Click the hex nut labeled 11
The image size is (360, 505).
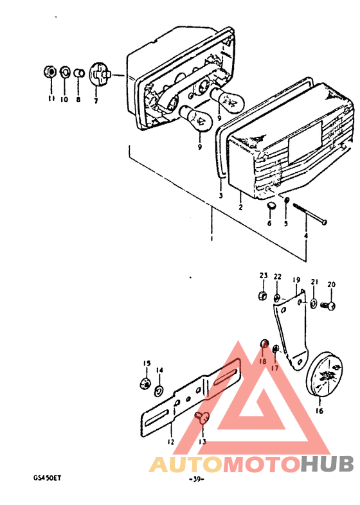pyautogui.click(x=50, y=72)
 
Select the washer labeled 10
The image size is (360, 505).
pyautogui.click(x=65, y=72)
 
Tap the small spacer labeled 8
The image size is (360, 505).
pyautogui.click(x=79, y=73)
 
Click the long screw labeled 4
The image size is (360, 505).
pyautogui.click(x=309, y=213)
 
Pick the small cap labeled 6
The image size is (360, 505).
pyautogui.click(x=271, y=206)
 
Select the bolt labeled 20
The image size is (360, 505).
pyautogui.click(x=328, y=305)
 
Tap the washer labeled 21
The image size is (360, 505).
pyautogui.click(x=313, y=303)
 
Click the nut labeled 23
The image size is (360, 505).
pyautogui.click(x=263, y=296)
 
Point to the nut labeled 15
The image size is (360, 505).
pyautogui.click(x=145, y=384)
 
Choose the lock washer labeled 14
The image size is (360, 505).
pyautogui.click(x=159, y=391)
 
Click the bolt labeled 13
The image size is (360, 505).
pyautogui.click(x=203, y=418)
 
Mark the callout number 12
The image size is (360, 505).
pyautogui.click(x=170, y=441)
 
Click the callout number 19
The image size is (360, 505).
pyautogui.click(x=296, y=279)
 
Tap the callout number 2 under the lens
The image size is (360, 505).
pyautogui.click(x=240, y=207)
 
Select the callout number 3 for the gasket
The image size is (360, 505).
pyautogui.click(x=221, y=195)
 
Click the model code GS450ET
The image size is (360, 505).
pyautogui.click(x=47, y=478)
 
